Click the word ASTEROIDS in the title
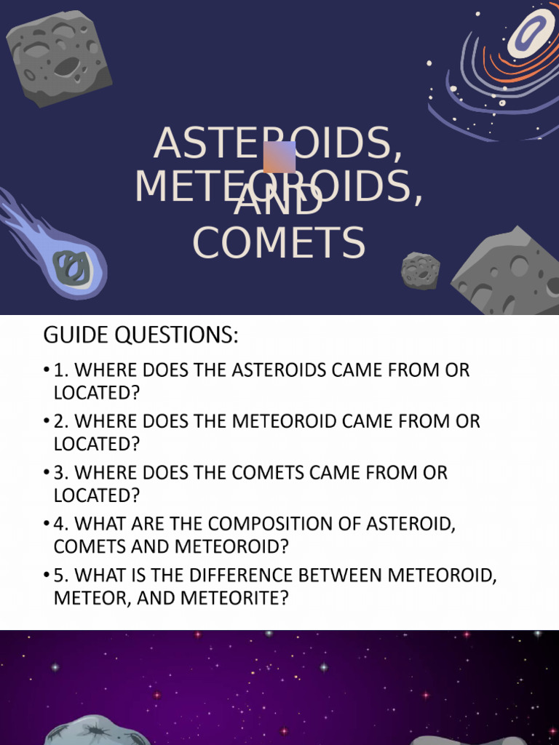pos(277,144)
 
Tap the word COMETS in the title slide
pos(279,244)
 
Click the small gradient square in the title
pos(279,156)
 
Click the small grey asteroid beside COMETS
pos(420,270)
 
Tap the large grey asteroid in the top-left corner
pos(58,57)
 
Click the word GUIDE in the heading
pos(73,335)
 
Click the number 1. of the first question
pos(62,370)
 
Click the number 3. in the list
pos(62,473)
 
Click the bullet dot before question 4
pos(47,525)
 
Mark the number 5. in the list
pos(62,575)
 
